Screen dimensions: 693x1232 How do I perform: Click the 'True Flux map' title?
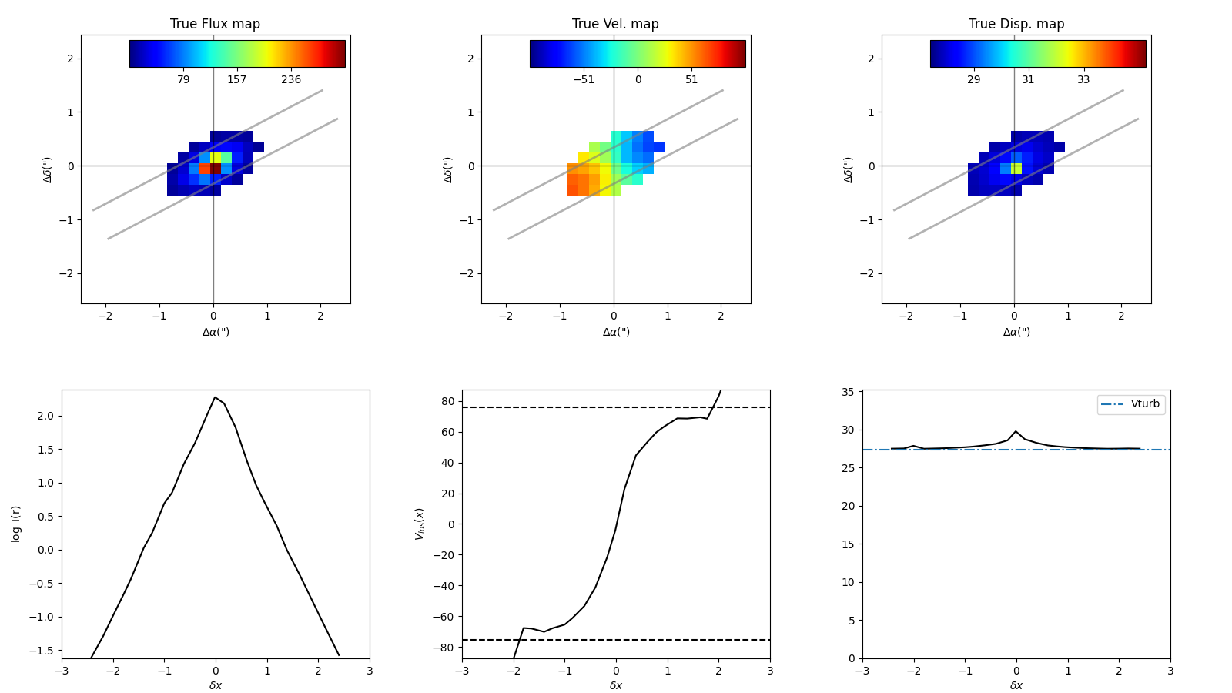pyautogui.click(x=215, y=24)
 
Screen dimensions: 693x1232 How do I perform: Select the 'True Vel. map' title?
pyautogui.click(x=615, y=24)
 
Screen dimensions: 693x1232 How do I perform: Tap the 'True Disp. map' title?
pyautogui.click(x=1016, y=24)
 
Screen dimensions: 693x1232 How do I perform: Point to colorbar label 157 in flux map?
pyautogui.click(x=236, y=80)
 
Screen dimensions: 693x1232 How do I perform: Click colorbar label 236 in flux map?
pyautogui.click(x=291, y=80)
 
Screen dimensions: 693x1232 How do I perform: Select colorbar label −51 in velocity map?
pyautogui.click(x=584, y=80)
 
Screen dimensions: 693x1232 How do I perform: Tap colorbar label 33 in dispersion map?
pyautogui.click(x=1083, y=80)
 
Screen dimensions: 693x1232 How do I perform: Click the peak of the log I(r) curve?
pyautogui.click(x=215, y=397)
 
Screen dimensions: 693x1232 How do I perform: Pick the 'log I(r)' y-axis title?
pyautogui.click(x=16, y=524)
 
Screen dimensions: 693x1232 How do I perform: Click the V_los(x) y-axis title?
pyautogui.click(x=420, y=524)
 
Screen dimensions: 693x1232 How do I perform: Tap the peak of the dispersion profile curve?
pyautogui.click(x=1016, y=431)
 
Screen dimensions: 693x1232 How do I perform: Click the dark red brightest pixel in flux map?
pyautogui.click(x=216, y=168)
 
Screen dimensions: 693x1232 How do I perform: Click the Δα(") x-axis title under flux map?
pyautogui.click(x=216, y=332)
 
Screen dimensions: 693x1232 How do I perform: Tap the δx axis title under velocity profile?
pyautogui.click(x=615, y=685)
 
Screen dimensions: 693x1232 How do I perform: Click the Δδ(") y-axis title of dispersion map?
pyautogui.click(x=848, y=169)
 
